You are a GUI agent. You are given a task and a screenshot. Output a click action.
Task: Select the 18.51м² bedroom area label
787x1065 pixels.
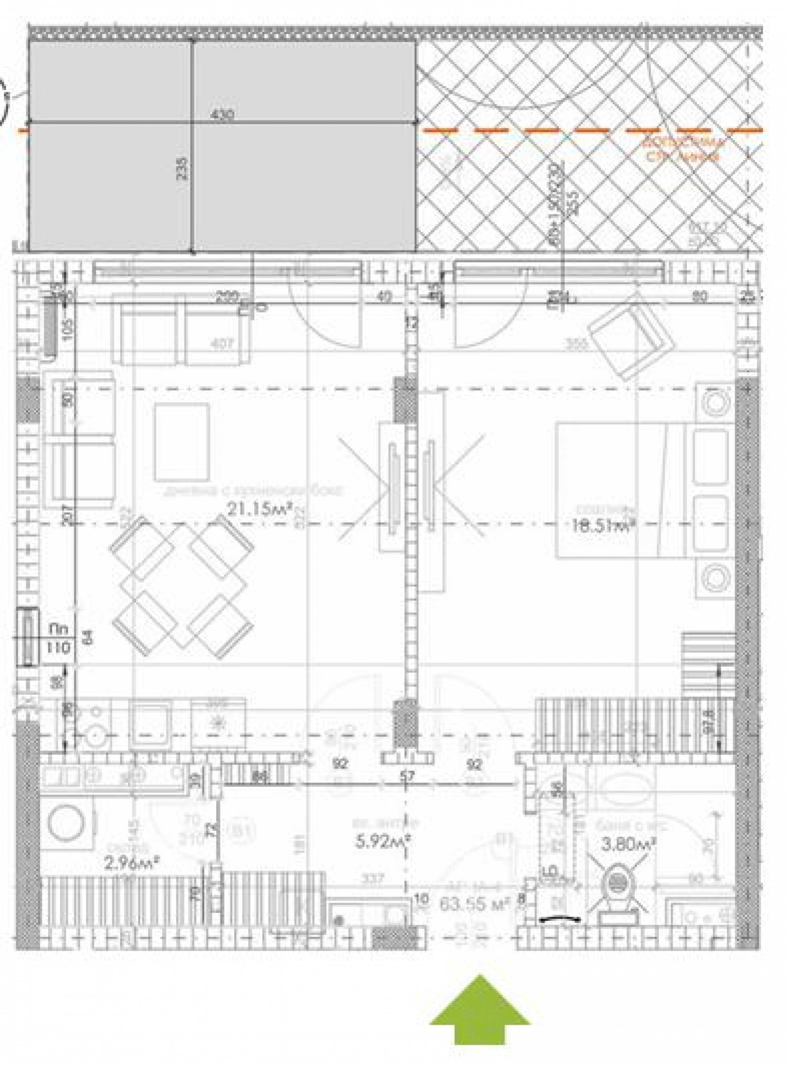602,525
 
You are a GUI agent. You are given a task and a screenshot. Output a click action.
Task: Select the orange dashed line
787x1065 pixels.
590,131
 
